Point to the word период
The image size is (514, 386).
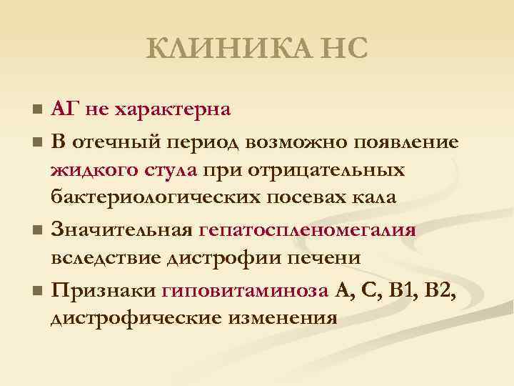pyautogui.click(x=205, y=140)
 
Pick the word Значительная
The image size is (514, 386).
pyautogui.click(x=122, y=230)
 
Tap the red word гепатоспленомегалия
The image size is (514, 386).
pyautogui.click(x=307, y=230)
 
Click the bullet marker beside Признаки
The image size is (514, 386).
pyautogui.click(x=37, y=291)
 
